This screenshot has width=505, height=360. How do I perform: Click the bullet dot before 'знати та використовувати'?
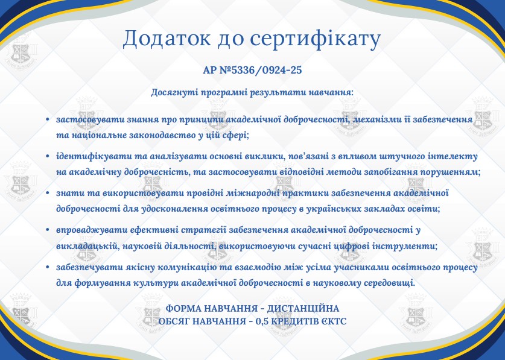[x=48, y=194]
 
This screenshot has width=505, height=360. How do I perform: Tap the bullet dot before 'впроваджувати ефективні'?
[x=48, y=230]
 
